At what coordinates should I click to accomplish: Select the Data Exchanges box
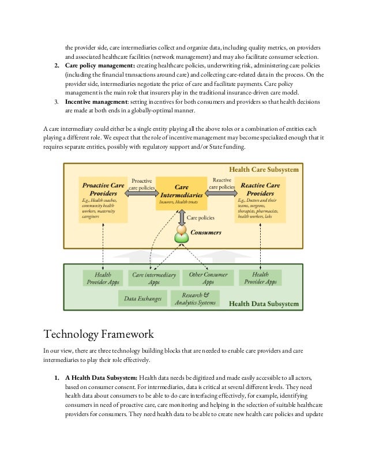click(x=142, y=299)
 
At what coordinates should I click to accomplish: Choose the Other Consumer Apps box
click(x=208, y=278)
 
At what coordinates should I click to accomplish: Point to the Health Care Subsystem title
click(x=264, y=170)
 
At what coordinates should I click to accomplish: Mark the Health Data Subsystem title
click(x=264, y=304)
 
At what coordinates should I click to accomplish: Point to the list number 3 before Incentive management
click(x=57, y=102)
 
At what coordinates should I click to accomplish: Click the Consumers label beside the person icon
click(x=206, y=233)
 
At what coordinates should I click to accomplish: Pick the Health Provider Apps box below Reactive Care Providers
click(x=260, y=278)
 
